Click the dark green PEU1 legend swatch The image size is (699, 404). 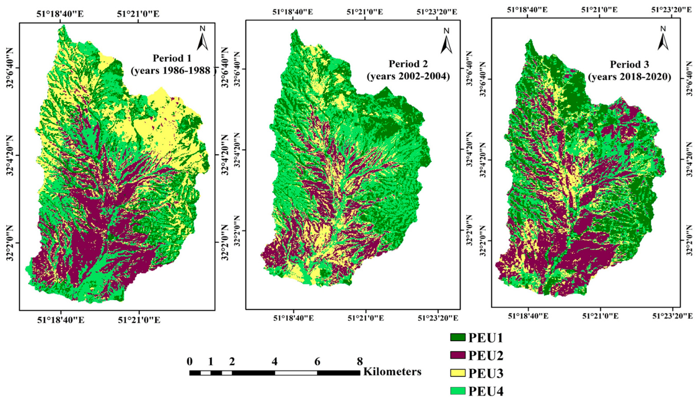pos(458,337)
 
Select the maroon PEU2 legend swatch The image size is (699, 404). pos(458,355)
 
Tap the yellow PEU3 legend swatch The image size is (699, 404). pos(458,373)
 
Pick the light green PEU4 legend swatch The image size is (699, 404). pos(458,391)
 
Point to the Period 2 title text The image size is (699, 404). pos(408,64)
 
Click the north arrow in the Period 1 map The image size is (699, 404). pos(202,39)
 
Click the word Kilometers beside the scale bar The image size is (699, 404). pos(392,371)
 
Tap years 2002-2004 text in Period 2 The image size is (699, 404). pos(408,76)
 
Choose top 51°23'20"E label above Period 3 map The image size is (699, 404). pos(675,10)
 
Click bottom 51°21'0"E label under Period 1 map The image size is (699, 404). pos(139,320)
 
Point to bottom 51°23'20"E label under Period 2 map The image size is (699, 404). pos(438,318)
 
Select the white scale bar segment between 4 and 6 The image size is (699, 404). pos(296,373)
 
